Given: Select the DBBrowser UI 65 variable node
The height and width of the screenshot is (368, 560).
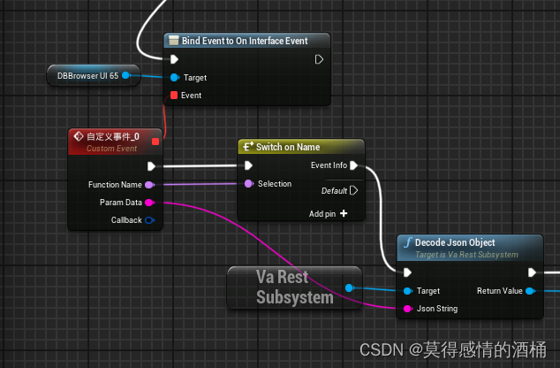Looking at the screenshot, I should click(87, 76).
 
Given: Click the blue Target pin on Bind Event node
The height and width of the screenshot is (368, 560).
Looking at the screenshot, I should click(174, 78).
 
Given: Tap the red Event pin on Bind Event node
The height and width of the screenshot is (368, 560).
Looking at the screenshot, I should click(174, 95).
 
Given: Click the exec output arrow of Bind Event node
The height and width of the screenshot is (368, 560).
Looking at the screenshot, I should click(319, 59).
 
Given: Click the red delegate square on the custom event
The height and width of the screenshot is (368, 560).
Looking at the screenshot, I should click(155, 141).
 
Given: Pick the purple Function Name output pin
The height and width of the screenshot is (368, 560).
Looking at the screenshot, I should click(148, 184).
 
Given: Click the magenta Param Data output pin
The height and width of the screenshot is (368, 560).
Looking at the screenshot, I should click(148, 203).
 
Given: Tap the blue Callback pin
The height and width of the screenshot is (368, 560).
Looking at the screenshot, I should click(148, 219).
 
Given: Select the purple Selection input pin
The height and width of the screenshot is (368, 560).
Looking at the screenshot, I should click(248, 184).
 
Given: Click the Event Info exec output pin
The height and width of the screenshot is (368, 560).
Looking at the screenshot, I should click(353, 165).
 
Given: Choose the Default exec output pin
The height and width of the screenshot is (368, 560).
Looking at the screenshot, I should click(353, 190).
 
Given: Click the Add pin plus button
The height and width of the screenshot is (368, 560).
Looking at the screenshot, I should click(343, 213).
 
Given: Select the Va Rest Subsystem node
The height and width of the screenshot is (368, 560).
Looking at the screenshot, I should click(294, 287).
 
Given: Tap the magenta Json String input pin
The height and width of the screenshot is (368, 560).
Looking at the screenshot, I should click(407, 309).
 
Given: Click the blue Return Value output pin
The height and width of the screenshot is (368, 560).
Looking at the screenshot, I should click(529, 290).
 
